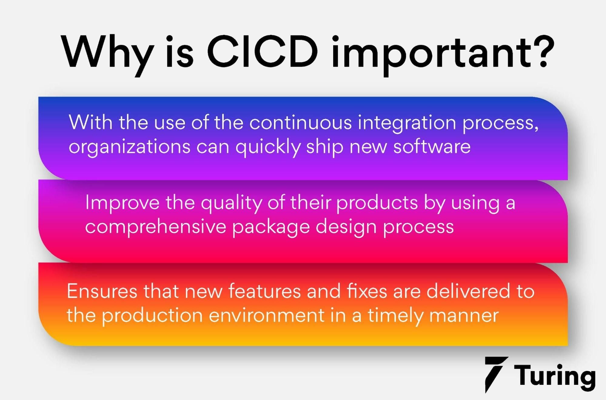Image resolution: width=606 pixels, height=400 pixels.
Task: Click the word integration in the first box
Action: coord(407,124)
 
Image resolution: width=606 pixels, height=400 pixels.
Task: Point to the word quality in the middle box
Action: coord(231,203)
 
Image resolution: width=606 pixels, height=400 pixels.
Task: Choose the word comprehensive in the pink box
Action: coord(156,227)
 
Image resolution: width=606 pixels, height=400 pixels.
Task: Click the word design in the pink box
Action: coord(346,228)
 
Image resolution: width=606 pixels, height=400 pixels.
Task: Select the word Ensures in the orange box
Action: coord(102,291)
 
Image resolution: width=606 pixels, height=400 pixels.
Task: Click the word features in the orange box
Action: coord(264,291)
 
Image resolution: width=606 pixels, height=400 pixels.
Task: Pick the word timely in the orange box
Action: coord(395,317)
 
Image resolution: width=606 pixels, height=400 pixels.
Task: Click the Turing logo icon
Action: coord(496,374)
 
